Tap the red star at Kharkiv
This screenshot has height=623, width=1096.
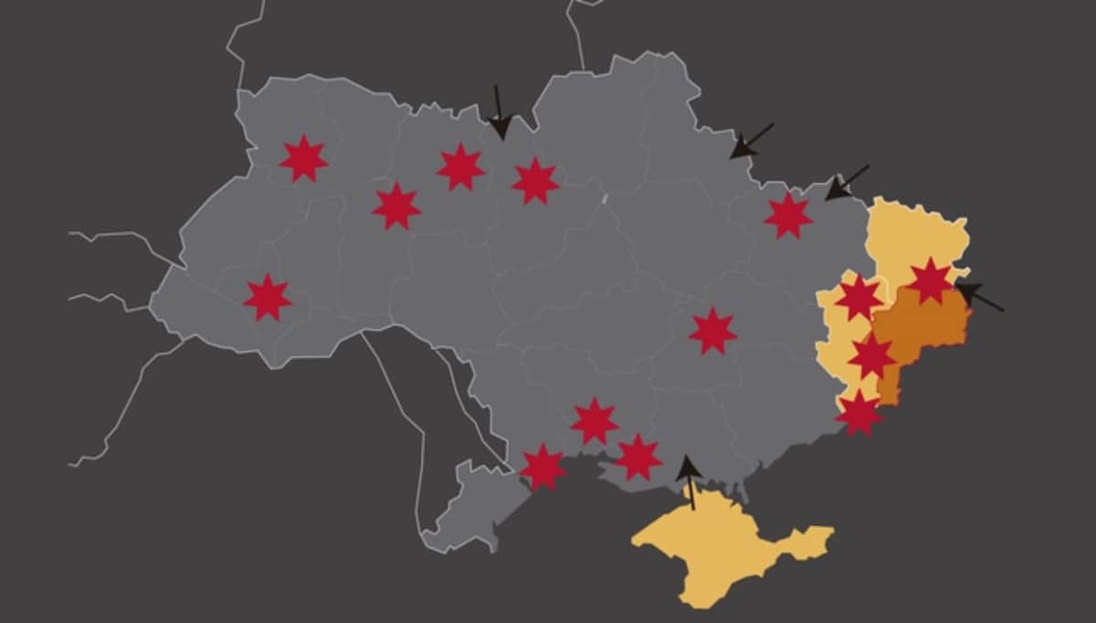pyautogui.click(x=788, y=216)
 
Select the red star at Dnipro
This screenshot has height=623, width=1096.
pyautogui.click(x=712, y=331)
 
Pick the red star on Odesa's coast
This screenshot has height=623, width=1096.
pyautogui.click(x=543, y=467)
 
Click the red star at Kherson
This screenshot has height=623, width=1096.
pyautogui.click(x=638, y=457)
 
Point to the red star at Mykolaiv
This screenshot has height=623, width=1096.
pyautogui.click(x=595, y=421)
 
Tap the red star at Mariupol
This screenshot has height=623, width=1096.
pyautogui.click(x=859, y=413)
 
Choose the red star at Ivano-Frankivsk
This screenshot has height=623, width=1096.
pyautogui.click(x=268, y=298)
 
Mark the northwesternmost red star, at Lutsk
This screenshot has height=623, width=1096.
pyautogui.click(x=303, y=159)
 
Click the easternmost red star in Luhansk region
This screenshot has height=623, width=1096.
pyautogui.click(x=931, y=280)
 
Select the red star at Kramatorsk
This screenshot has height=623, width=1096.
pyautogui.click(x=859, y=298)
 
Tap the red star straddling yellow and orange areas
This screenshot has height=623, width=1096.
pyautogui.click(x=871, y=355)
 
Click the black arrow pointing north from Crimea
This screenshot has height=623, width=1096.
pyautogui.click(x=690, y=480)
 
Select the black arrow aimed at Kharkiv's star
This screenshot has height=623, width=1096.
pyautogui.click(x=845, y=183)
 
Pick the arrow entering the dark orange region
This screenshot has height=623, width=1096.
pyautogui.click(x=979, y=297)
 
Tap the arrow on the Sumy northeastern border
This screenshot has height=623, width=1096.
pyautogui.click(x=751, y=142)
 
